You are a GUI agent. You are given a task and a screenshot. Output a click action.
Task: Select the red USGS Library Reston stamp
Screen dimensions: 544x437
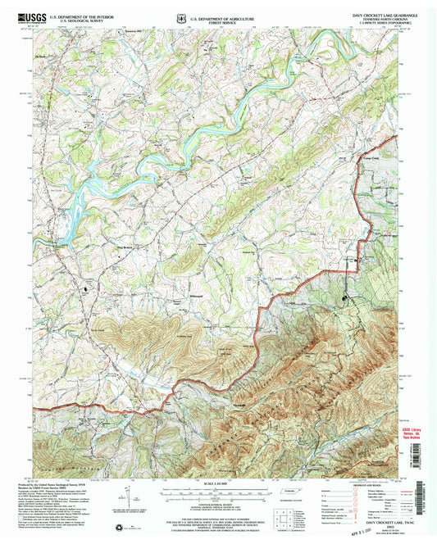click(x=414, y=433)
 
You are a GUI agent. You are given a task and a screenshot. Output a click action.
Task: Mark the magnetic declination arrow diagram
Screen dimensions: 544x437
click(x=123, y=496)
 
